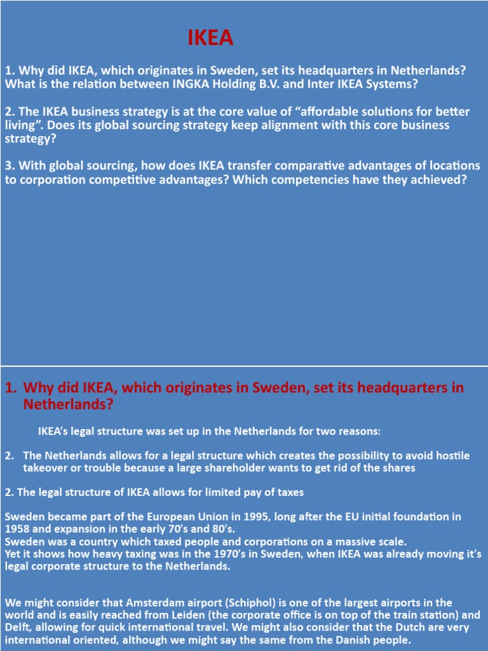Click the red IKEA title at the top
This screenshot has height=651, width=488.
click(x=210, y=39)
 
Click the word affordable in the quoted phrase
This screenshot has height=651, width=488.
click(x=290, y=112)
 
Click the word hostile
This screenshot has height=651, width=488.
click(x=452, y=456)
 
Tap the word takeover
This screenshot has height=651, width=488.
click(x=46, y=468)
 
